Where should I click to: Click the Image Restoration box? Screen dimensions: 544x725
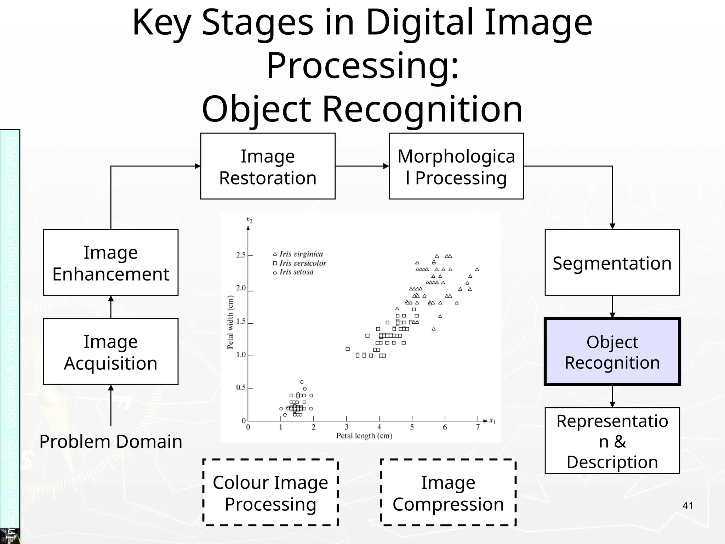point(268,166)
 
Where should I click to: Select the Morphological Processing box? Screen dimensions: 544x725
point(456,166)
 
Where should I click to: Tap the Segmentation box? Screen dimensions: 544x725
point(612,262)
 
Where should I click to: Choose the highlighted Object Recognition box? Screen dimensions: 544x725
point(612,352)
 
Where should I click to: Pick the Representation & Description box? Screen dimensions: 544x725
point(612,441)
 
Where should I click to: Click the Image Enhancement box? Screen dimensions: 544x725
point(110,262)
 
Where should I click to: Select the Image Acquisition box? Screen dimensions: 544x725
point(110,352)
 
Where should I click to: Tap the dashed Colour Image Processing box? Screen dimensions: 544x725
point(270,493)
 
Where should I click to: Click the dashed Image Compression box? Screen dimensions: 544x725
point(448,493)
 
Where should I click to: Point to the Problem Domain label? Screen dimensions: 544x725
point(110,441)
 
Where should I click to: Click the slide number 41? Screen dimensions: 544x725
point(687,506)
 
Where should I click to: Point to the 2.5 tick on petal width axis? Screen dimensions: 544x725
point(241,255)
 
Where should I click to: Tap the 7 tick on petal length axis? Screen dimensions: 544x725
point(478,427)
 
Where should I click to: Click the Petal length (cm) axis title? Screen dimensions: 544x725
point(364,436)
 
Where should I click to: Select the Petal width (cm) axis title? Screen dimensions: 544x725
point(230,322)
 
